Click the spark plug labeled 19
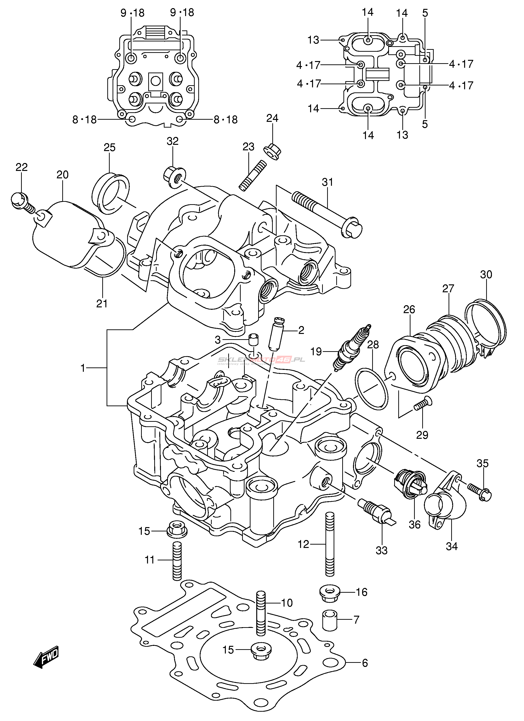[x=351, y=348]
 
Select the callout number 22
[x=22, y=167]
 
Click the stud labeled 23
[x=253, y=175]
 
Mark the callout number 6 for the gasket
[x=365, y=663]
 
